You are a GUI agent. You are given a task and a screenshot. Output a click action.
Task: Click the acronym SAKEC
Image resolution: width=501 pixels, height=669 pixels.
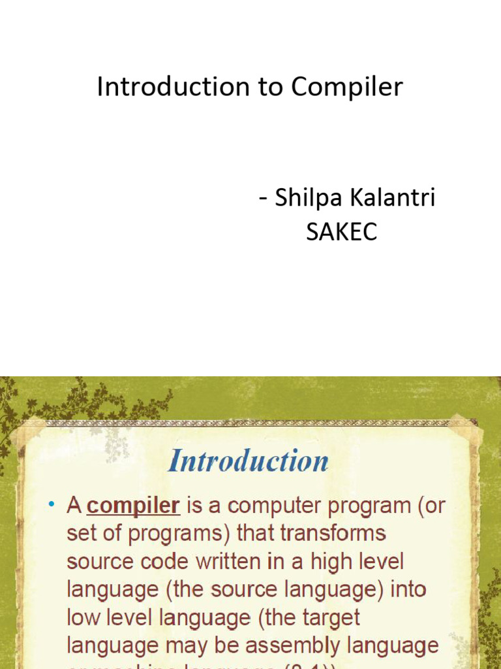[342, 232]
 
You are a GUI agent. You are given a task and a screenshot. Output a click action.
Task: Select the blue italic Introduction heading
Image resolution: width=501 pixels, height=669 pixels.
[248, 461]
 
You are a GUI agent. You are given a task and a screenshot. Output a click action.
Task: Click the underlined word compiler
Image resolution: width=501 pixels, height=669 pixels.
[133, 505]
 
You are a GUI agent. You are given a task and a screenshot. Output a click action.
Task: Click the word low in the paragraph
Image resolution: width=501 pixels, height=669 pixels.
[84, 617]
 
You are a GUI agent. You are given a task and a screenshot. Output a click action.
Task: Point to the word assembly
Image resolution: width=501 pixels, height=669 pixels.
[296, 645]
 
